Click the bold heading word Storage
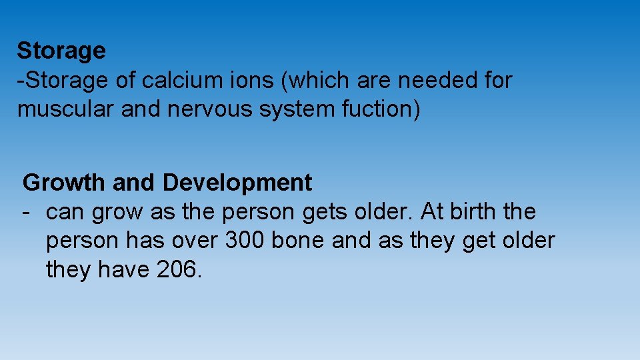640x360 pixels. pyautogui.click(x=61, y=51)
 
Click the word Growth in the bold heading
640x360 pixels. pyautogui.click(x=64, y=182)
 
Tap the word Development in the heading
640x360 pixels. pyautogui.click(x=237, y=183)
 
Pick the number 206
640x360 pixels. pyautogui.click(x=178, y=270)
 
